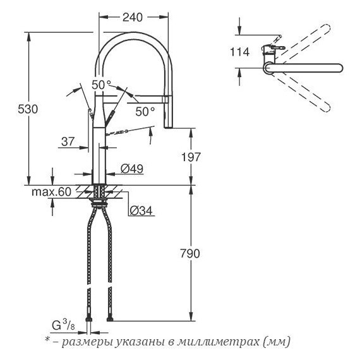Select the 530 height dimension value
tap(18, 109)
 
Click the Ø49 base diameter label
tap(131, 169)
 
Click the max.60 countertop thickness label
tap(51, 191)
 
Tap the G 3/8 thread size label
tap(61, 327)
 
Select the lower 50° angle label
tap(145, 111)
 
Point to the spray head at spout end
tap(169, 114)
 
